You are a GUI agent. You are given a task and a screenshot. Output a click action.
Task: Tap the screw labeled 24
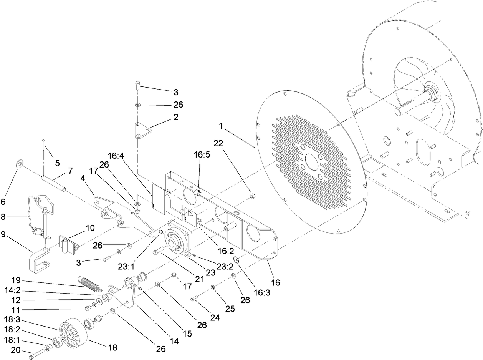click(x=194, y=299)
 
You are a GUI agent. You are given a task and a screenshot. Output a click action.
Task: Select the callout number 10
click(x=90, y=228)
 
